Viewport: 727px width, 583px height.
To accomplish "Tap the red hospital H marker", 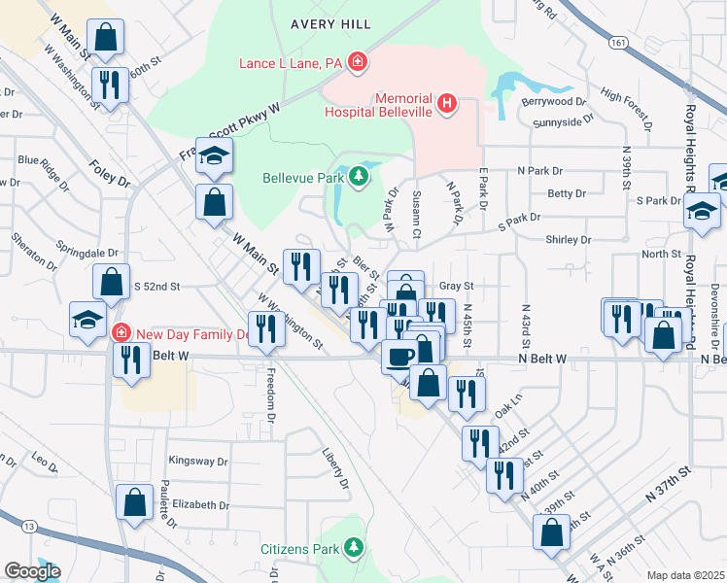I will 446,102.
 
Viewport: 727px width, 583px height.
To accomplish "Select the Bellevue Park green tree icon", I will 360,177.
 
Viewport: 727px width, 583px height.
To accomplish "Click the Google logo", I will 31,571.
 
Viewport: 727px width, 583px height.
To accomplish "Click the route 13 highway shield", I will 30,526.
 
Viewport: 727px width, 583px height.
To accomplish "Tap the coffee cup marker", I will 398,356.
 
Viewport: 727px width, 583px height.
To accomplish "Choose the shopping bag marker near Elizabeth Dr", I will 134,501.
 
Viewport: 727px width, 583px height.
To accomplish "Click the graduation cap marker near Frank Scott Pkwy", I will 213,155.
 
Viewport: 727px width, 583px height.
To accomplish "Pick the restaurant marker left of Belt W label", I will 130,360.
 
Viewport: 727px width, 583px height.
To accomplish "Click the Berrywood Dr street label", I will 552,100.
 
